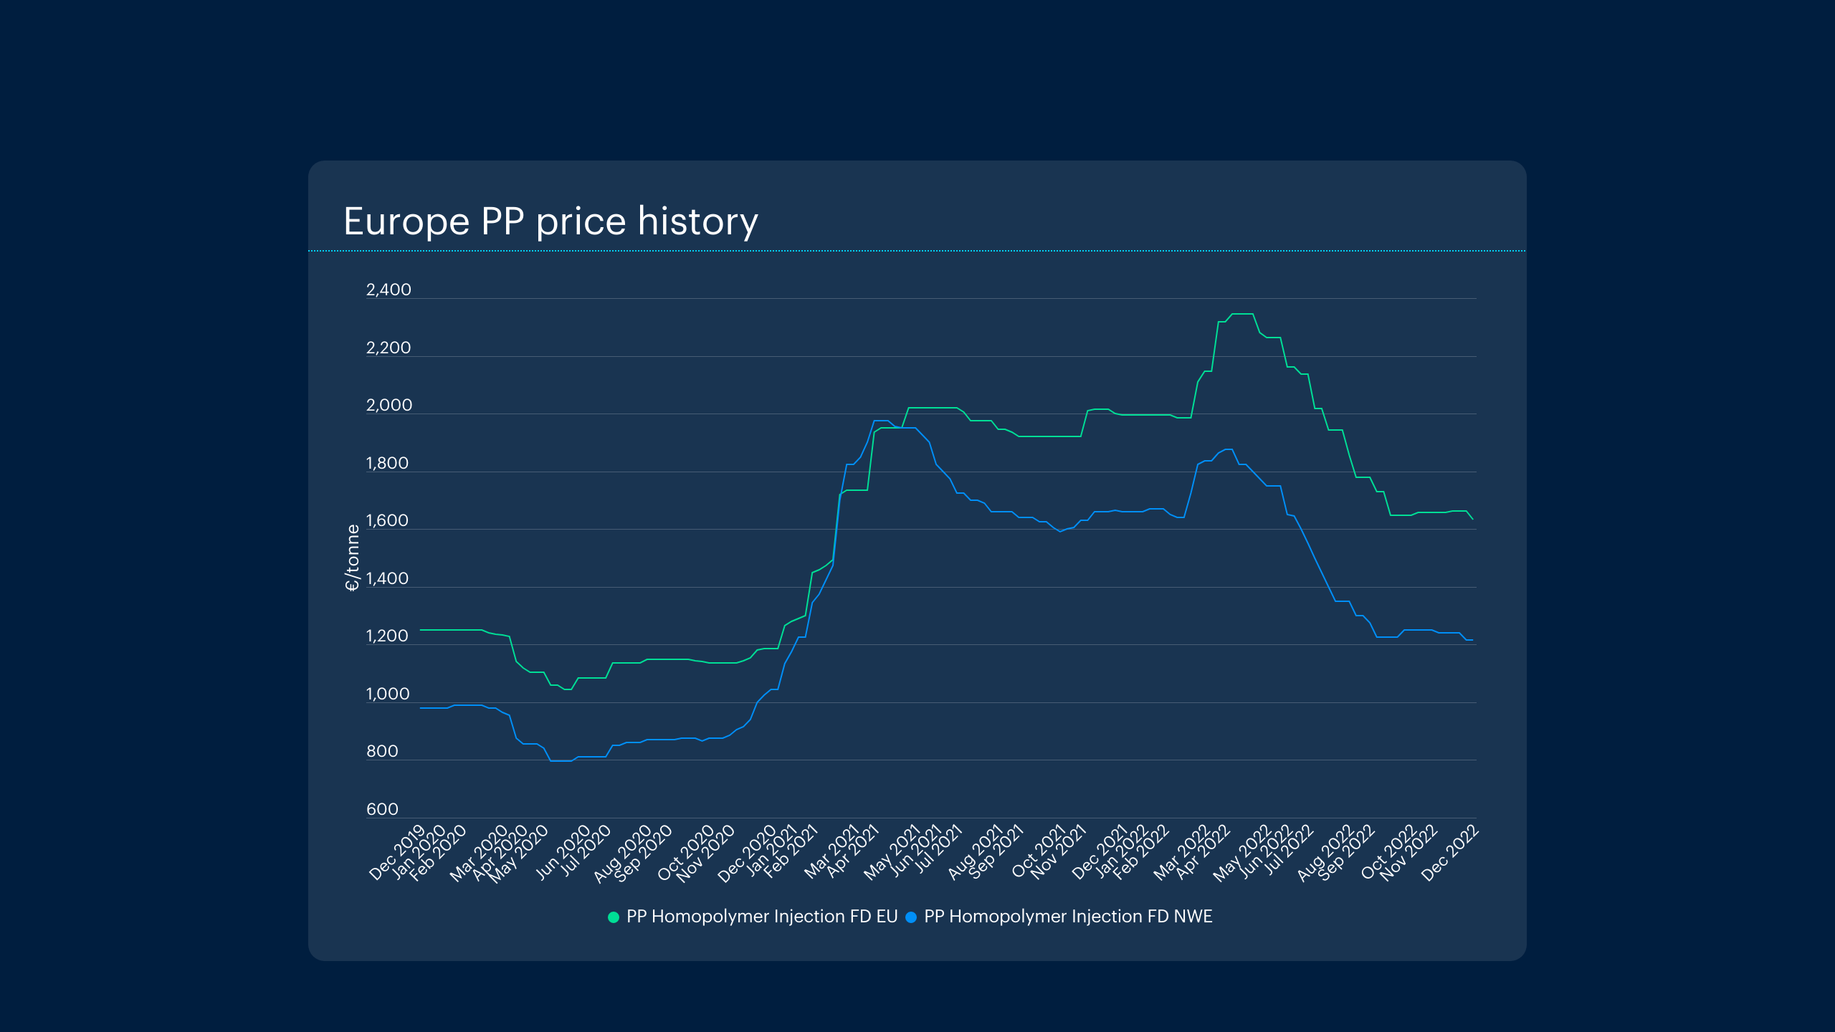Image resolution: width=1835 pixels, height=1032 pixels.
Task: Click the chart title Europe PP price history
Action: click(x=550, y=221)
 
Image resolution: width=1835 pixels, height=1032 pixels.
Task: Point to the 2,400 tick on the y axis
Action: click(x=389, y=290)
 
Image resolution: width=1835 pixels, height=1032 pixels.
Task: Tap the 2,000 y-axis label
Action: click(x=389, y=405)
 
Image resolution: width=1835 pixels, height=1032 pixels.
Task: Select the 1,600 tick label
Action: click(x=387, y=520)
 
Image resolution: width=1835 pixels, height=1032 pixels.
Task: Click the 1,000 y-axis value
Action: click(x=388, y=694)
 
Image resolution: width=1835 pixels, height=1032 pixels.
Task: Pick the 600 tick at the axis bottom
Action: click(x=382, y=809)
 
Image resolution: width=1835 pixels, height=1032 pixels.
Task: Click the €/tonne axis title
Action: click(x=352, y=558)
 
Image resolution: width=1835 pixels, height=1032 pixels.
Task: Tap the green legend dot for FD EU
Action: click(x=614, y=917)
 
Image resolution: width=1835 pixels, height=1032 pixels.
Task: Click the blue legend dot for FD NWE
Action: click(x=911, y=917)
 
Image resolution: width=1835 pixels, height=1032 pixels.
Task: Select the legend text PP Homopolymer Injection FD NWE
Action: click(x=1068, y=917)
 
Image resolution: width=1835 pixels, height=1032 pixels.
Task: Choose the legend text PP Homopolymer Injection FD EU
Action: click(x=762, y=917)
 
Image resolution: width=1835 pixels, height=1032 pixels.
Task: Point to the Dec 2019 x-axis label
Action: click(x=397, y=853)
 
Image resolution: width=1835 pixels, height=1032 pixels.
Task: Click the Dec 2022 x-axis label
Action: click(x=1449, y=853)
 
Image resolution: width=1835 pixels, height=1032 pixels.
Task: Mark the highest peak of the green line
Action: click(x=1242, y=314)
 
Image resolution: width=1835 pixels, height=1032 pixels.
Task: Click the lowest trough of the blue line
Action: click(x=561, y=760)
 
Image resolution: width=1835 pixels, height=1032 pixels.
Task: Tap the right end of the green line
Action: click(x=1472, y=519)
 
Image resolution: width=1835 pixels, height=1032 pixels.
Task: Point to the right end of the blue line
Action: click(x=1472, y=639)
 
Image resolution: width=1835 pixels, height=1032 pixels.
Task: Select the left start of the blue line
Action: click(x=421, y=708)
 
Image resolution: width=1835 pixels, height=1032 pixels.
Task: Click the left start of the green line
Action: click(x=421, y=630)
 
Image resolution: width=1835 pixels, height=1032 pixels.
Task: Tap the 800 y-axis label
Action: click(x=382, y=751)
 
